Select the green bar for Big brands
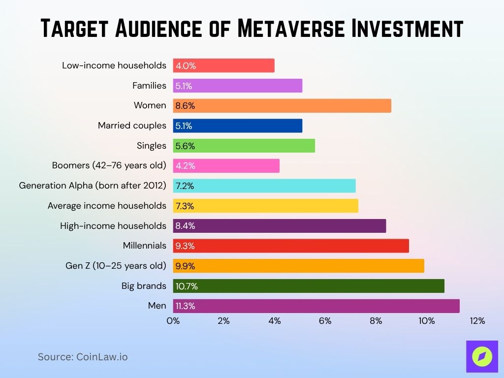309,286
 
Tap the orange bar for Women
282,105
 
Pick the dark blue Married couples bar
237,126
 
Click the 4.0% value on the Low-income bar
186,65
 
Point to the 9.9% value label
186,266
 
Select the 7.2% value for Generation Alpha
185,186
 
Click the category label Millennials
144,246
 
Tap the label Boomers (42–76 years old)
109,165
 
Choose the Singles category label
152,146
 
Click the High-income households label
113,226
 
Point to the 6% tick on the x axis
325,321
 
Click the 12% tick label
477,321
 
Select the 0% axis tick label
173,321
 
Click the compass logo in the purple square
482,356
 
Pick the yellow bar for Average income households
265,206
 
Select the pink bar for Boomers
226,165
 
